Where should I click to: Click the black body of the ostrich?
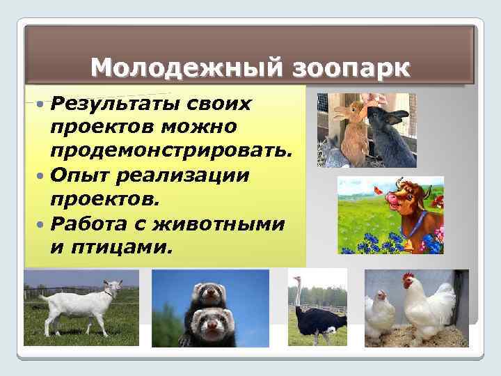click(321, 320)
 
